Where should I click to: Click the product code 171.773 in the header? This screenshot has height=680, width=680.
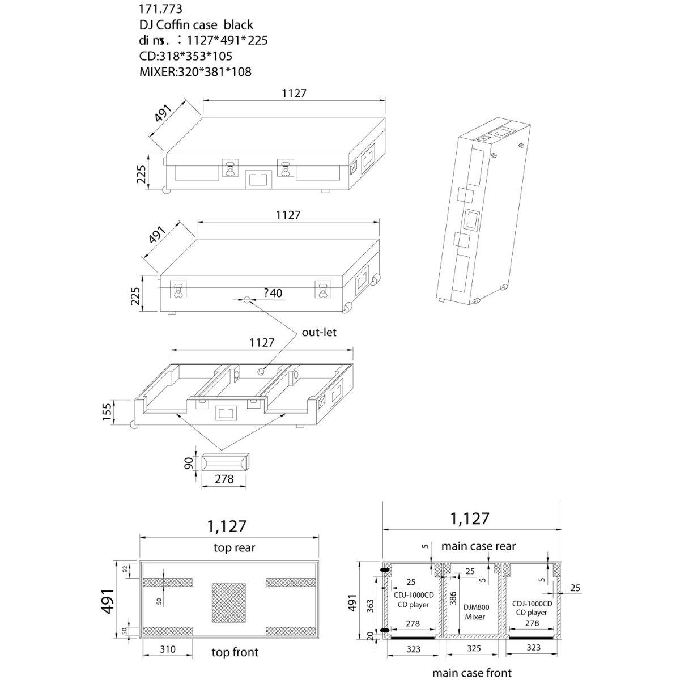(x=161, y=10)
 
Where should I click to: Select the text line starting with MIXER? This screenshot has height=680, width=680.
(x=195, y=72)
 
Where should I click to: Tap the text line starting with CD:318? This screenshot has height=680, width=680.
(x=185, y=56)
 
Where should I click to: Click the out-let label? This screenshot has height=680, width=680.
(x=318, y=332)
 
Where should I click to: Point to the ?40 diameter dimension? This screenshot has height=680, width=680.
(x=273, y=293)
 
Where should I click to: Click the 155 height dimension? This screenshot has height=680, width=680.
(x=121, y=413)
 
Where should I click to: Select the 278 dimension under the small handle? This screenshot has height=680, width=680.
(x=224, y=479)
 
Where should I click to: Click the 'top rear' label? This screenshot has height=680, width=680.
(x=234, y=547)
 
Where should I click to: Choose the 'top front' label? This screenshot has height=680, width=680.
(x=235, y=652)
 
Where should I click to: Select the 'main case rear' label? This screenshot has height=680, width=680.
(x=478, y=546)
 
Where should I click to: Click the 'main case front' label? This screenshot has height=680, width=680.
(x=471, y=673)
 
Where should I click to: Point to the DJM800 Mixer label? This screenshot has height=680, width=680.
(x=475, y=611)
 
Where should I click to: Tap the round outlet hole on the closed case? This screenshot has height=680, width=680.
(x=247, y=299)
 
